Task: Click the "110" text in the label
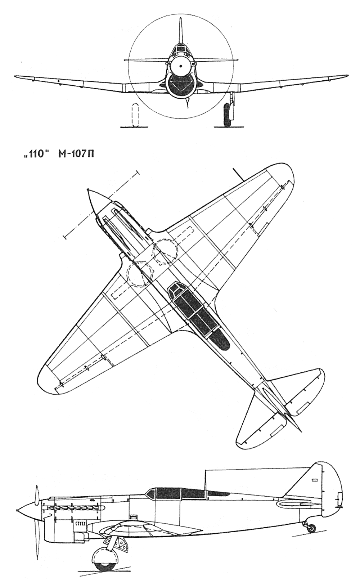[x=35, y=154]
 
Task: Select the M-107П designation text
[x=75, y=154]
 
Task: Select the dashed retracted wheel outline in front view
[x=135, y=115]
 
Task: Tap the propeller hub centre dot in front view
[x=180, y=66]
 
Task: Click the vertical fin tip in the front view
[x=180, y=18]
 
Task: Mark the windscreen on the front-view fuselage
[x=180, y=48]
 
